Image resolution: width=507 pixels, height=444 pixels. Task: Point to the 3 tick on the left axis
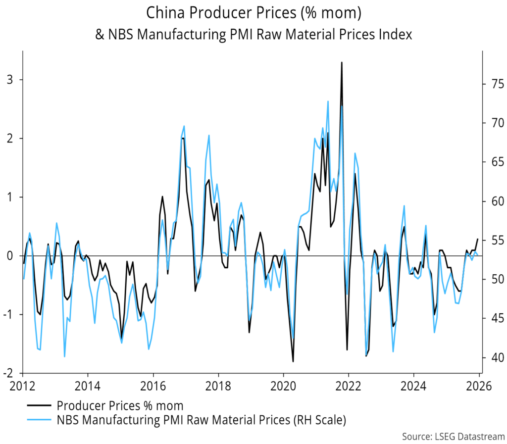10,80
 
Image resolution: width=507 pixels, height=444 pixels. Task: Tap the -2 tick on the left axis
8,373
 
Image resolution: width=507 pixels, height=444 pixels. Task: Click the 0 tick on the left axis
10,256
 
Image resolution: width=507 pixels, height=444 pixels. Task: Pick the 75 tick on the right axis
492,84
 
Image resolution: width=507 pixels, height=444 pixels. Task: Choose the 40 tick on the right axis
492,357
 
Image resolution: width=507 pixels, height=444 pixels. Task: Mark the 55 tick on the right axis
492,240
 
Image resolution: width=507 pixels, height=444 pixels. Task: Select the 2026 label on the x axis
479,386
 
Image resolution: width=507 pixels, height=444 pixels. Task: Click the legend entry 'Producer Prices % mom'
120,406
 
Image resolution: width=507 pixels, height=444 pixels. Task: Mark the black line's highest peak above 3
342,62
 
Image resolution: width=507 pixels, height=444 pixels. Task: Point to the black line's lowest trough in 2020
293,361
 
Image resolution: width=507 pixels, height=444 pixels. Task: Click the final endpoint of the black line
478,239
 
